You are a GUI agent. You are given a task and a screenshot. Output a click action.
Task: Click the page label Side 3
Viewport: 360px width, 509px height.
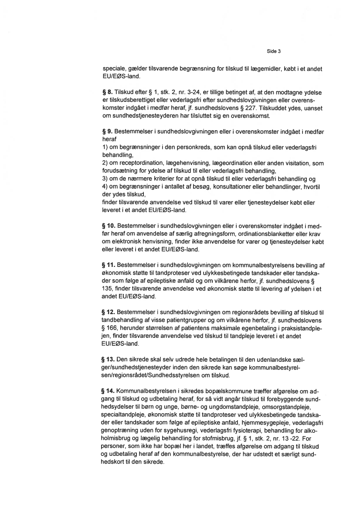(273, 51)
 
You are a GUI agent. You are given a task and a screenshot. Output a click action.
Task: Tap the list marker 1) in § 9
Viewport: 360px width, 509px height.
(105, 145)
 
